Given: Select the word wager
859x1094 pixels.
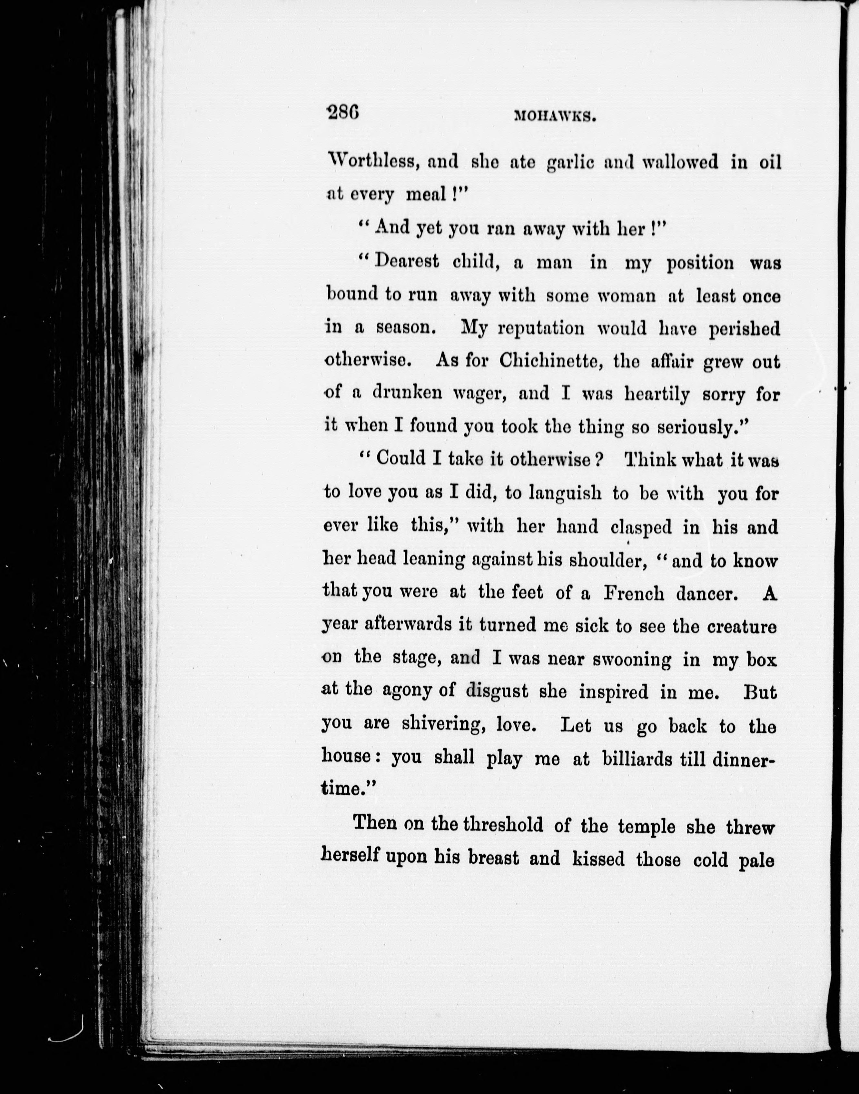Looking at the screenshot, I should coord(481,394).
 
